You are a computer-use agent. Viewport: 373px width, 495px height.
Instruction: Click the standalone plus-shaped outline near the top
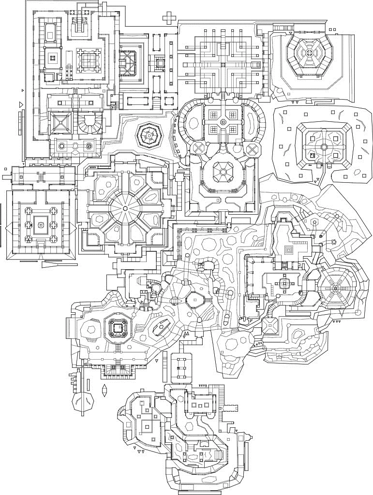pyautogui.click(x=169, y=18)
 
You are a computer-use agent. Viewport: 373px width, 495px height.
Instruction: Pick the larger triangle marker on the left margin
pyautogui.click(x=20, y=104)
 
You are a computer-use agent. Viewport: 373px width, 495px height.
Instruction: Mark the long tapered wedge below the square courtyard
pyautogui.click(x=57, y=264)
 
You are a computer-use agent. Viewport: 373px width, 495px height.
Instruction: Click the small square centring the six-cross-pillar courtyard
pyautogui.click(x=41, y=224)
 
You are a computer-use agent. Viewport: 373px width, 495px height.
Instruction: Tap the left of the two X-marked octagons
pyautogui.click(x=198, y=148)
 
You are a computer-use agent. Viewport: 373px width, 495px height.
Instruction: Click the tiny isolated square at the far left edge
pyautogui.click(x=5, y=169)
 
